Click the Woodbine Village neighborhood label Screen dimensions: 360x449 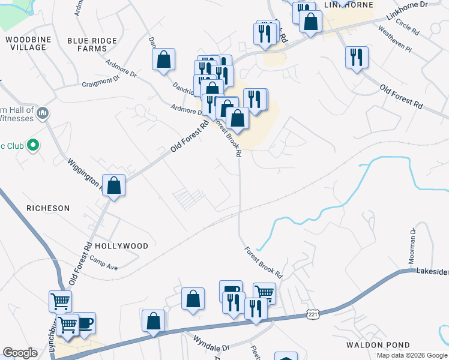[x=25, y=43]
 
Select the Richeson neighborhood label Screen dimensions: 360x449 [x=48, y=208]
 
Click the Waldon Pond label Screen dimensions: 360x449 [x=378, y=345]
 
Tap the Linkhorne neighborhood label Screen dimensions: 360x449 [x=348, y=5]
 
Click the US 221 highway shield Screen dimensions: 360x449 [x=313, y=314]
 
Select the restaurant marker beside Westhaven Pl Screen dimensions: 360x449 [x=357, y=57]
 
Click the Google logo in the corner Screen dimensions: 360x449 [x=20, y=353]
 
